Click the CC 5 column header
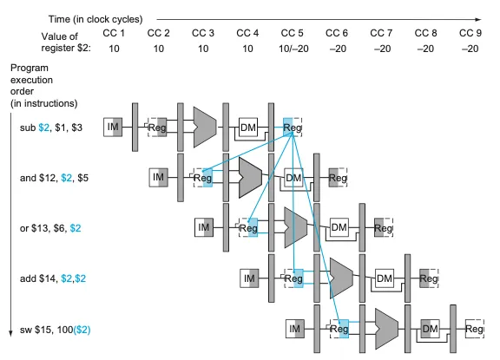point(292,33)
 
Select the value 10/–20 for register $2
point(293,49)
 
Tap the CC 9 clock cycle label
point(470,33)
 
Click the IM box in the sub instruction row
point(113,128)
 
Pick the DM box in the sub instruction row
point(248,128)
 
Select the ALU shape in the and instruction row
point(250,178)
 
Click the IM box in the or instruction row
point(204,228)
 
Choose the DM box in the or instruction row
point(339,228)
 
